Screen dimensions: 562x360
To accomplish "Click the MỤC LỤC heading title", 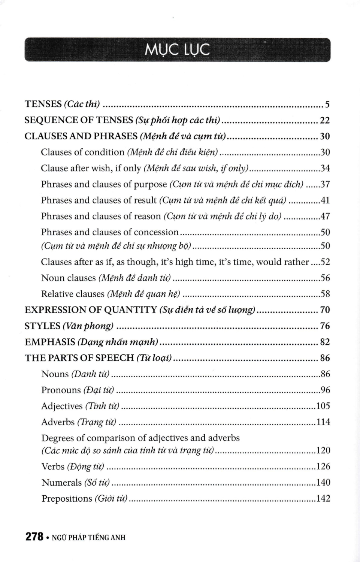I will coord(177,50).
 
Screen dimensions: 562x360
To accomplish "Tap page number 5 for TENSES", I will coord(327,104).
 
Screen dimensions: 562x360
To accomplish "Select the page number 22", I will coord(325,120).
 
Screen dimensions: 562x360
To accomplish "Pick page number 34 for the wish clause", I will coord(325,168).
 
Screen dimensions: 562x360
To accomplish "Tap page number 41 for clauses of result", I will coord(325,200).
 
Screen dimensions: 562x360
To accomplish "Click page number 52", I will coord(325,262).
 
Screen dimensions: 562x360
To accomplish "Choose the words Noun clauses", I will coord(69,278).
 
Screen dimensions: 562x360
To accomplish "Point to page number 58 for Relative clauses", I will coord(325,294).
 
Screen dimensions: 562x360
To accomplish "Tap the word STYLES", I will coord(42,326).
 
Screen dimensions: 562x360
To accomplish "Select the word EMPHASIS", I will coord(50,342).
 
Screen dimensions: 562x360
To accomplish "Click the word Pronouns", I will coord(61,390).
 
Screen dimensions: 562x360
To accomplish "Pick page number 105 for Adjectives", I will coord(323,406).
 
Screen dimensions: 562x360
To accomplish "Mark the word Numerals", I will coord(61,483).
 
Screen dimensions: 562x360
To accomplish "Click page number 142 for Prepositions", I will coord(323,499).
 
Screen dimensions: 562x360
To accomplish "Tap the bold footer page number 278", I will coord(34,537).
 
